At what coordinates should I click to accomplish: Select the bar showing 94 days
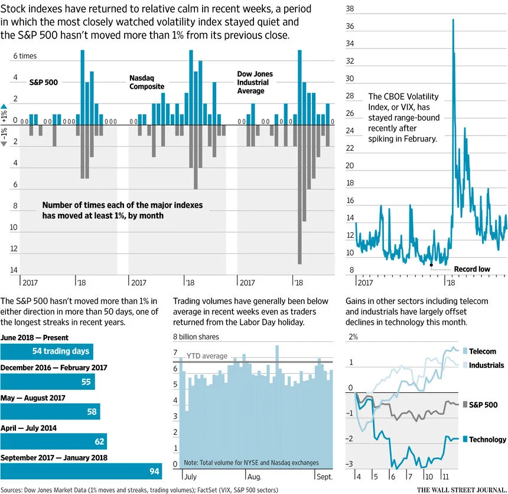coord(81,472)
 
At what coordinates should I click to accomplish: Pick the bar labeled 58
coord(50,411)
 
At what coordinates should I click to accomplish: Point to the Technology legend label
coord(487,440)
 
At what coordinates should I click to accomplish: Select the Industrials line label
coord(486,365)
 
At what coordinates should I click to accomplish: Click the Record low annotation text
coord(472,269)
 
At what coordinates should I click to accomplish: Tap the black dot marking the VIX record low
coord(431,265)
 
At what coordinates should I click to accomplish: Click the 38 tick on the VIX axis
coord(350,9)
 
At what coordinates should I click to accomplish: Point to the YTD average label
coord(207,356)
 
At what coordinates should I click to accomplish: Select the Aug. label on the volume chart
coord(255,476)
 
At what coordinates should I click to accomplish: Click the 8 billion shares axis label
coord(196,337)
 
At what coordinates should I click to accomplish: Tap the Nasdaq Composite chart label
coord(146,82)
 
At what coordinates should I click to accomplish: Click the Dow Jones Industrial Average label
coord(255,82)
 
